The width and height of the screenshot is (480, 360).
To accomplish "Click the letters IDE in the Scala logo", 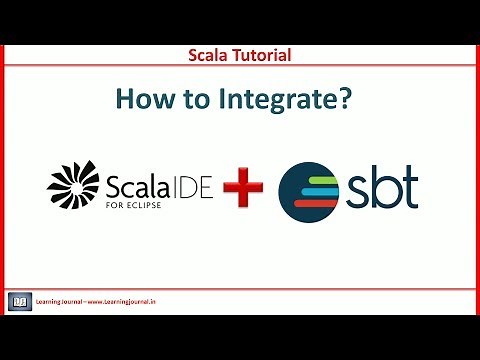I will coord(189,184).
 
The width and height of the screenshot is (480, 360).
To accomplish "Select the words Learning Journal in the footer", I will coord(59,299).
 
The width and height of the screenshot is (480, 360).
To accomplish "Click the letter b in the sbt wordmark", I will coord(386,186).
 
